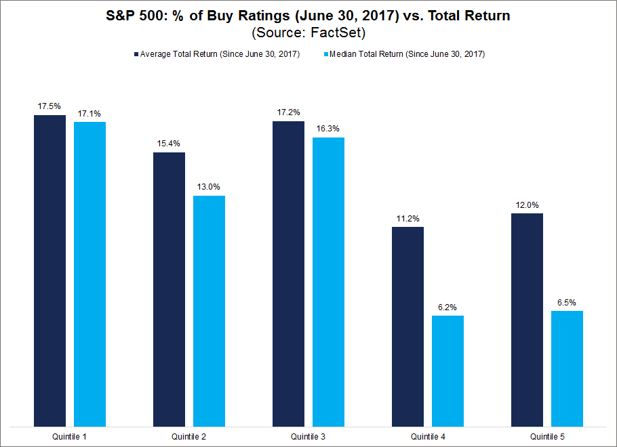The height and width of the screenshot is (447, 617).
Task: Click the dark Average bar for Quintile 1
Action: pos(49,271)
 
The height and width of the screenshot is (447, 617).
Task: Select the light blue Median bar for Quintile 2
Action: pos(209,311)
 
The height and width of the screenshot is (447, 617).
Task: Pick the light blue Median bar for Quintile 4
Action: pos(447,370)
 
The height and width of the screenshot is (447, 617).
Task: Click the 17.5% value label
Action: pos(49,106)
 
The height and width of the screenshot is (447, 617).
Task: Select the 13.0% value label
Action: pos(209,187)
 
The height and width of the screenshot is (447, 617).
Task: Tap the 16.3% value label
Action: pos(328,129)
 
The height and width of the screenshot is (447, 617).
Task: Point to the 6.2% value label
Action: pos(447,307)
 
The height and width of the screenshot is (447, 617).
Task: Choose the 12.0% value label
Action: pos(527,205)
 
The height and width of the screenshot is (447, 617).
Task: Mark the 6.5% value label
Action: pos(567,302)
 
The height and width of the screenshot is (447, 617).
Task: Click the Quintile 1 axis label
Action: pos(70,438)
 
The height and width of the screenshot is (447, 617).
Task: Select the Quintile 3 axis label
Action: pos(308,438)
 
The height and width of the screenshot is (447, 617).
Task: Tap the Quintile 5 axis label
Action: pos(547,438)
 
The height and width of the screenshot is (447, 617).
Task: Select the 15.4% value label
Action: pos(169,144)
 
